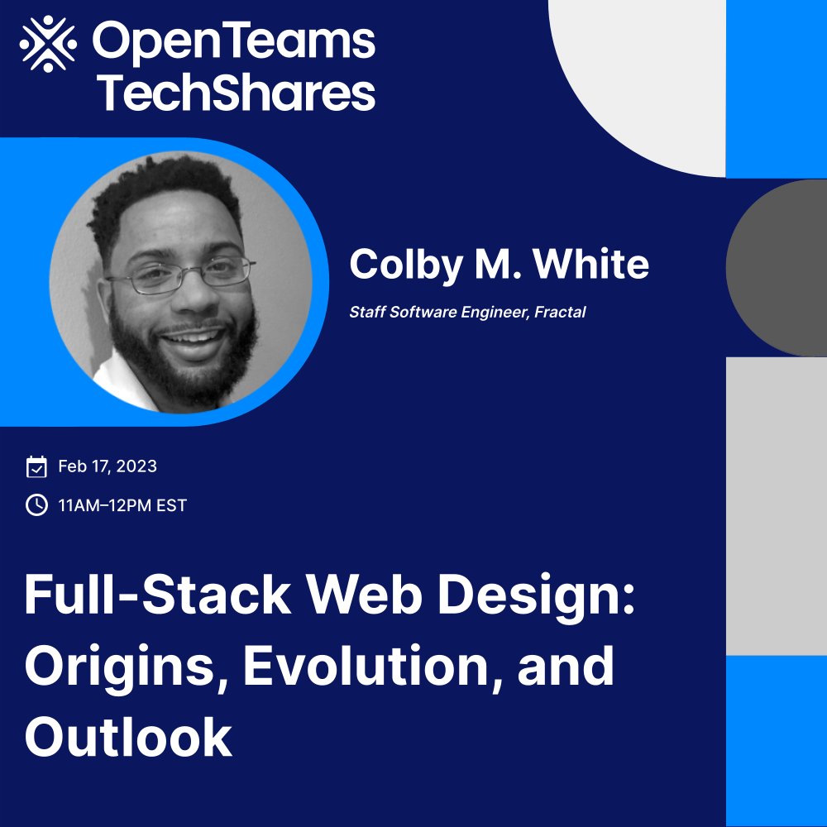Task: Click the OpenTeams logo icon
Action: [x=48, y=43]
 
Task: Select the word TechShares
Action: [x=237, y=93]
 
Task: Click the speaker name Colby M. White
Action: [x=499, y=265]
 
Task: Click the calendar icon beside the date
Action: [x=36, y=467]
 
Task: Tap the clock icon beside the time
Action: [x=36, y=504]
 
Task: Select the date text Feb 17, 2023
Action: [x=108, y=466]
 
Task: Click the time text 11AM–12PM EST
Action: [x=122, y=504]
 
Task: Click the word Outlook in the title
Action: [x=128, y=738]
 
